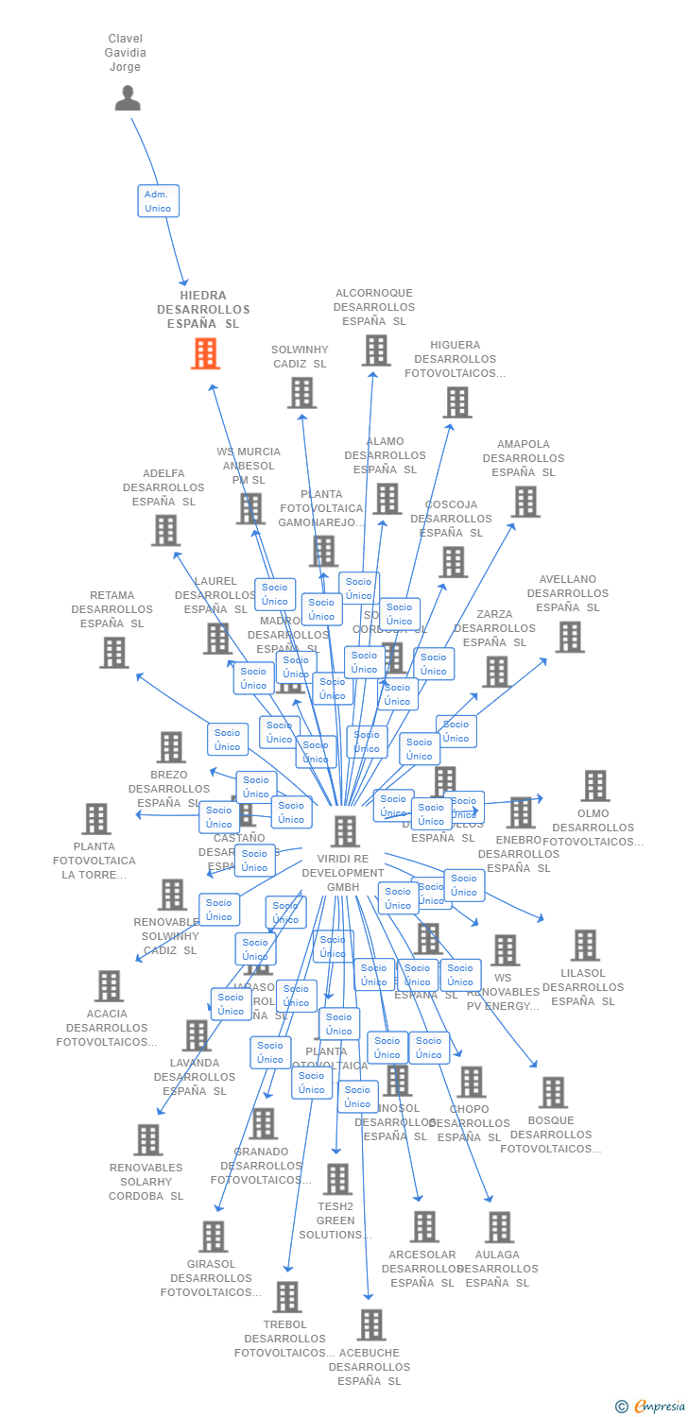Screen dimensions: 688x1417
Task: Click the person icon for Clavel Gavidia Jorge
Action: pos(128,98)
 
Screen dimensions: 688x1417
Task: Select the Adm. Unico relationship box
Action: pos(158,201)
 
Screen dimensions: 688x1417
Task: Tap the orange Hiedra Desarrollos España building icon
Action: pos(205,353)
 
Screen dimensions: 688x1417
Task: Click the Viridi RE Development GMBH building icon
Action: pos(345,831)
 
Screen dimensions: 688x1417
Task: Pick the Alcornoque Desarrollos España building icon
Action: pos(375,350)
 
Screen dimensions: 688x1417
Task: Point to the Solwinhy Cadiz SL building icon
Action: pos(301,393)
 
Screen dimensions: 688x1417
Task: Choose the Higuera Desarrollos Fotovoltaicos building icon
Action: pos(456,402)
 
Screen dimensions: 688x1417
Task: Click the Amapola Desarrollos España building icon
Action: pos(525,502)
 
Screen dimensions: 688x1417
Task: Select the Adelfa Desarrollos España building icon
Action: pos(165,531)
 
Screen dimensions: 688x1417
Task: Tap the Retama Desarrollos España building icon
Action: pos(113,653)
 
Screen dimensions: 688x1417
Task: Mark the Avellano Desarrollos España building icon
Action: pos(569,637)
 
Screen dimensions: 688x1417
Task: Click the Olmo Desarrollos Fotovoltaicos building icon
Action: pos(594,786)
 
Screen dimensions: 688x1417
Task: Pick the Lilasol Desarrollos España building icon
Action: pos(584,946)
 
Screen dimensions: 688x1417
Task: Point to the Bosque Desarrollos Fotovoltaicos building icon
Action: pos(552,1093)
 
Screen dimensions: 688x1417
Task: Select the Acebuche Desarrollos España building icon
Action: pos(371,1325)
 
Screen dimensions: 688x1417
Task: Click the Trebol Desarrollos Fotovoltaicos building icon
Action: pos(286,1297)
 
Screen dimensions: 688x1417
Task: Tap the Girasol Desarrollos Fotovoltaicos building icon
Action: pos(213,1237)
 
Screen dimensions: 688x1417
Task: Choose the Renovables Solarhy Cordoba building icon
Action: pos(147,1140)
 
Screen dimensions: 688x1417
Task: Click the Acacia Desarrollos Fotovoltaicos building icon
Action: pos(109,986)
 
